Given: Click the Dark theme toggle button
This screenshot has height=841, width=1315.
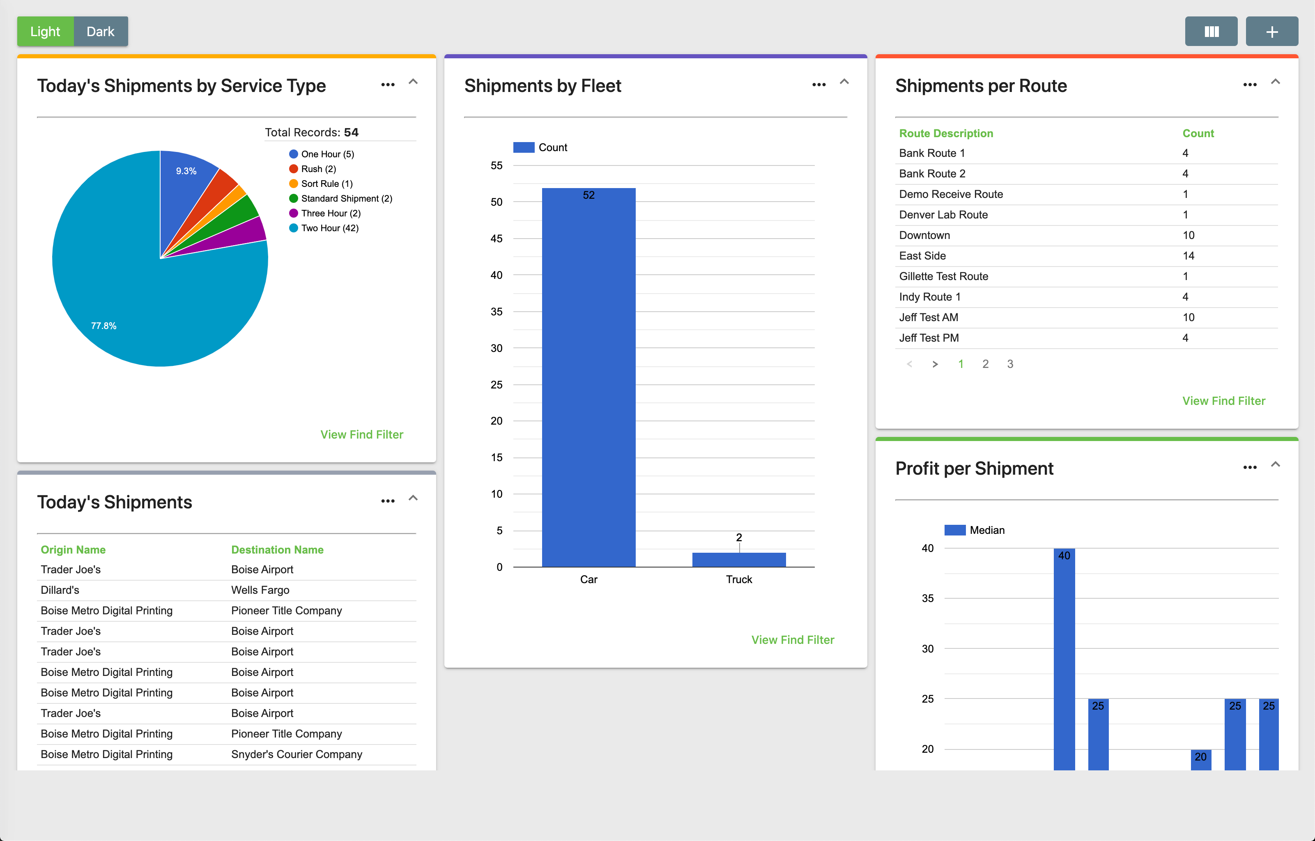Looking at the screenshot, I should coord(101,32).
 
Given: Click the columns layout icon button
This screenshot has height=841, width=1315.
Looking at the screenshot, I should coord(1211,32).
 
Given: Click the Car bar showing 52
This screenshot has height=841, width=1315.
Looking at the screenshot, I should coord(588,377).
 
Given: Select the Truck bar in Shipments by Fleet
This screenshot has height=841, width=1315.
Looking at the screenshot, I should coord(738,560).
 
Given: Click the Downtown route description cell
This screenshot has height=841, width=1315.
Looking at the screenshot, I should coord(924,235).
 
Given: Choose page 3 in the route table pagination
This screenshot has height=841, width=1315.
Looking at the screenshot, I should coord(1010,364).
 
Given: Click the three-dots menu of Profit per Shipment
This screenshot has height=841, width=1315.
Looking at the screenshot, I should coord(1249,467).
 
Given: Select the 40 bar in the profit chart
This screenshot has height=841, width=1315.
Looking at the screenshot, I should coord(1064,655).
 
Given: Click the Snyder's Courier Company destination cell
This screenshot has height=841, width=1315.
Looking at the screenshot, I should coord(297,755).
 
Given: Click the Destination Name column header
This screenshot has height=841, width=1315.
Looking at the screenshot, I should coord(277,550).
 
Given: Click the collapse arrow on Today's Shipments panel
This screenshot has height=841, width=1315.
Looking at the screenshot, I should coord(413,498).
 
